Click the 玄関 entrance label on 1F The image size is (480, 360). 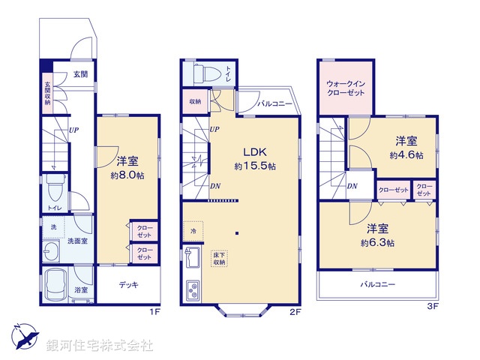click(x=80, y=74)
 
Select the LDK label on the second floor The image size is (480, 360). click(x=252, y=151)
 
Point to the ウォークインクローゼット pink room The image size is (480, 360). click(x=346, y=87)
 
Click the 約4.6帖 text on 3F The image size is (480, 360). click(x=406, y=155)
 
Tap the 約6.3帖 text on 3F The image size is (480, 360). click(x=382, y=243)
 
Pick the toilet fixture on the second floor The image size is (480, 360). click(x=205, y=73)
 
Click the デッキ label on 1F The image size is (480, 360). click(x=128, y=286)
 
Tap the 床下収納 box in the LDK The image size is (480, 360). click(x=218, y=258)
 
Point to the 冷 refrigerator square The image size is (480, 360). click(x=193, y=231)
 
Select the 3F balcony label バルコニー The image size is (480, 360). click(x=376, y=285)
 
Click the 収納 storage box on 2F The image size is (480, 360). click(x=194, y=101)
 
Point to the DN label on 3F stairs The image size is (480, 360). click(x=352, y=186)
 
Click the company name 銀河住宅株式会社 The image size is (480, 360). click(x=99, y=346)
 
